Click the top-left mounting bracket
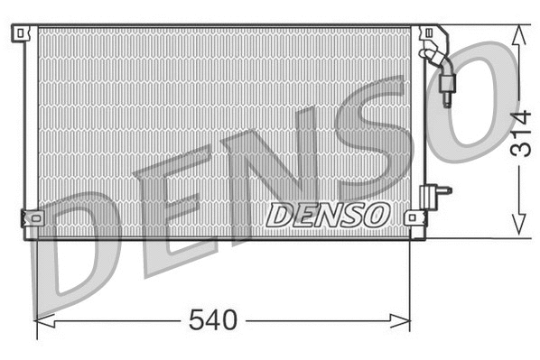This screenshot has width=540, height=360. (x=20, y=33)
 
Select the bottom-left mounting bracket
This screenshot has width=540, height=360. (x=31, y=217)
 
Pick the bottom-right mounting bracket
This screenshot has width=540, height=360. (x=414, y=217)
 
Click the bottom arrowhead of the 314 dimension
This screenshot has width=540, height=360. (x=517, y=230)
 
